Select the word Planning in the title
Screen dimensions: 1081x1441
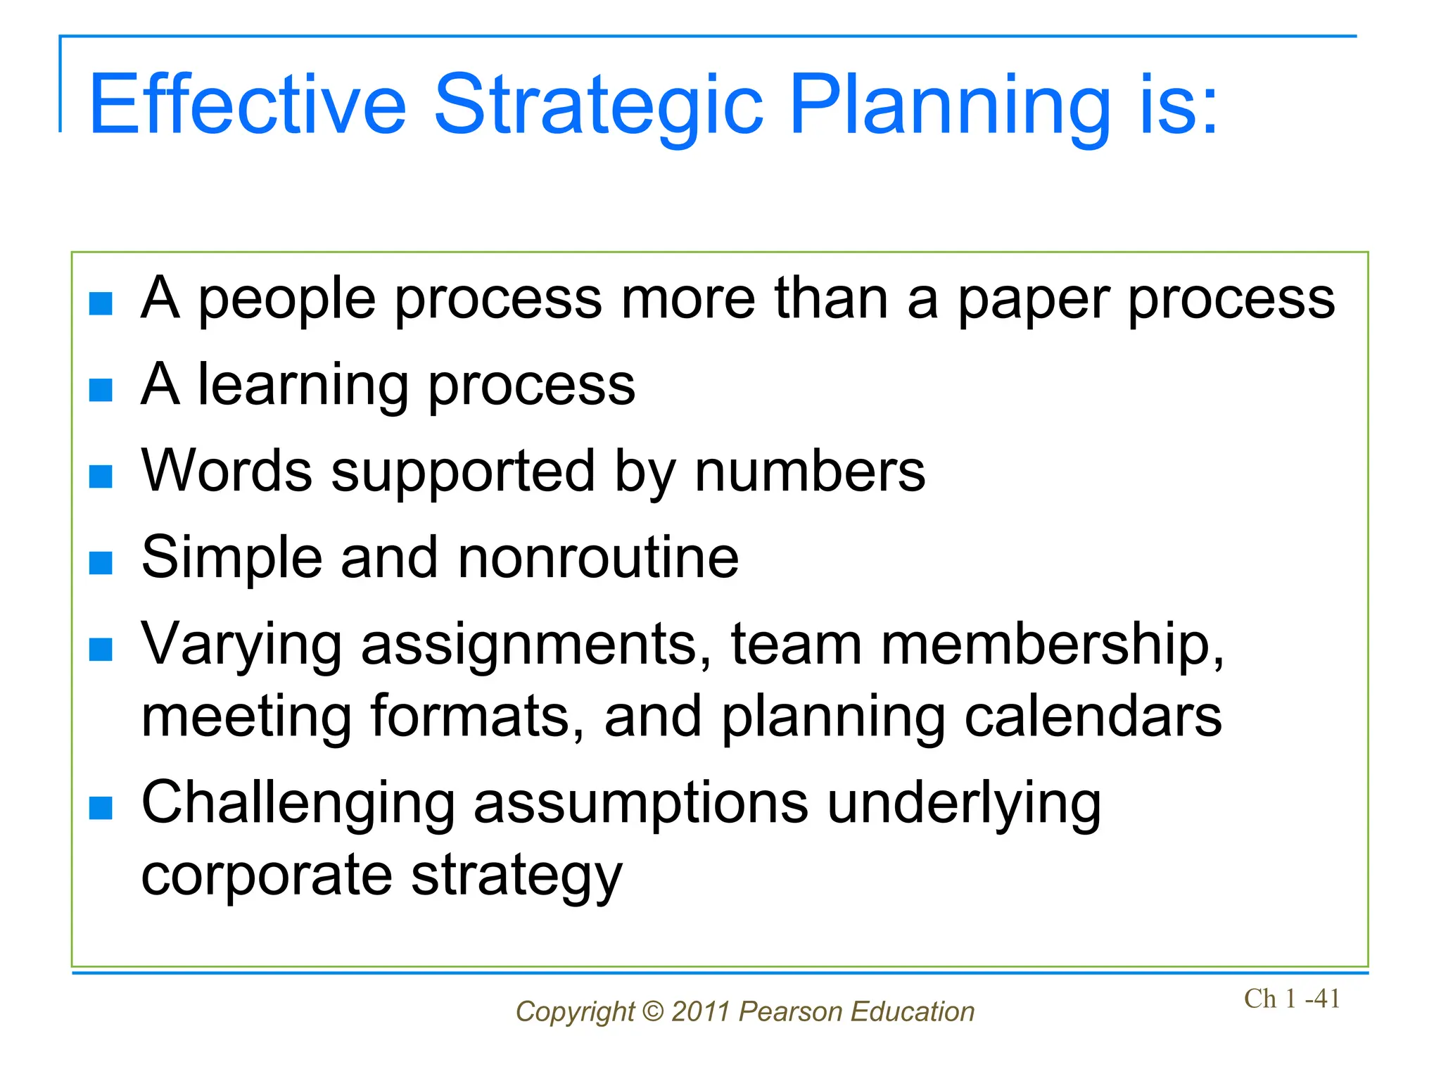(950, 106)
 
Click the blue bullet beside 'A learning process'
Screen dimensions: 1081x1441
(101, 389)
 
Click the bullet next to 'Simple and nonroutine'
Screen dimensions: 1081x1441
(101, 562)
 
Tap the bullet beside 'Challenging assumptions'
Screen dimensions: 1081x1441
(101, 808)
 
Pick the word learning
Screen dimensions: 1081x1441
(303, 386)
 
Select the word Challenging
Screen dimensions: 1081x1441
(298, 804)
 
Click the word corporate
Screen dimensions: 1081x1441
(267, 875)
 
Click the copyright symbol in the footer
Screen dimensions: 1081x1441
(653, 1012)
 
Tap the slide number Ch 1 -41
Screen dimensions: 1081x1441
(1292, 999)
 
